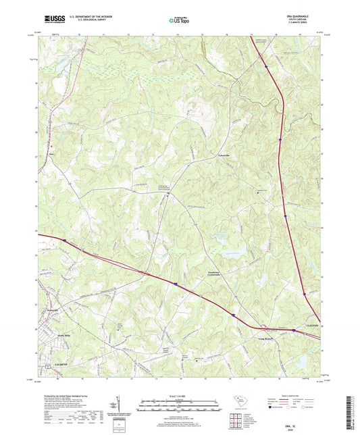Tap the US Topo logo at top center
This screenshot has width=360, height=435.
178,21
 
